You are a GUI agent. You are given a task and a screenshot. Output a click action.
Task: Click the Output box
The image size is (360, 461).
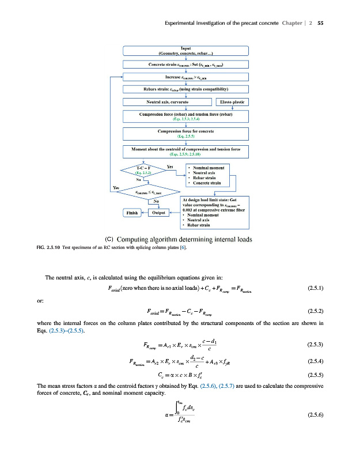pos(157,212)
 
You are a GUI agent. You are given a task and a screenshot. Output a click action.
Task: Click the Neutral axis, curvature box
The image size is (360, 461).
pos(168,102)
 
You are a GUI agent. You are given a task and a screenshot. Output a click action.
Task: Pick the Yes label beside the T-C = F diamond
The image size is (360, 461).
pos(170,167)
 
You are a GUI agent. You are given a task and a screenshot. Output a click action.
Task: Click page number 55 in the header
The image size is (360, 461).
pos(320,23)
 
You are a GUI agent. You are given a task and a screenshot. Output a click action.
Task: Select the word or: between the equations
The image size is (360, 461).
pos(40,300)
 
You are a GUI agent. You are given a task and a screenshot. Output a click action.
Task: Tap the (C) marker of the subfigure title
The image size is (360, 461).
pos(112,239)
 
